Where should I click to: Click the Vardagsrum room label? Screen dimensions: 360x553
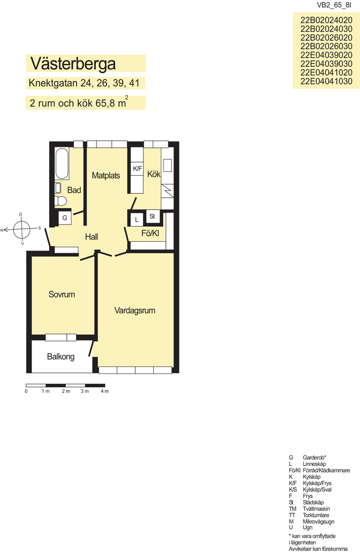pos(135,311)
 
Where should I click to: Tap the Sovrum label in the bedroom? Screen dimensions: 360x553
pos(62,295)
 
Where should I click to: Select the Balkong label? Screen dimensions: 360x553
pos(61,356)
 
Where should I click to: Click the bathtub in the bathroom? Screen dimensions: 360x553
pos(62,164)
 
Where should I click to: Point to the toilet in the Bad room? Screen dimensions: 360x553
pos(60,201)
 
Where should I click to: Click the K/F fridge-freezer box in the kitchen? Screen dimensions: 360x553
pos(137,169)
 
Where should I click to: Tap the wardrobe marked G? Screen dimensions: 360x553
pos(65,218)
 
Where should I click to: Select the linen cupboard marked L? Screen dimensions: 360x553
pos(137,219)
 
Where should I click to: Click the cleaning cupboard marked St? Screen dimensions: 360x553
pos(152,216)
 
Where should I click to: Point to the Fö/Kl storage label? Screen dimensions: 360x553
pos(150,233)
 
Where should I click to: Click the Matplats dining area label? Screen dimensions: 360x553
pos(106,175)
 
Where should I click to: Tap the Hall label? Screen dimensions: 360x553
pos(92,237)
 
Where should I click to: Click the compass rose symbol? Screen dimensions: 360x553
pos(22,229)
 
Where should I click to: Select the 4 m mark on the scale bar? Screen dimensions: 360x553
pos(105,391)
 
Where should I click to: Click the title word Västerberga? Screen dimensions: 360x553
pos(73,63)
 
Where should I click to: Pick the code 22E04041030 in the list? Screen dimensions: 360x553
pos(326,81)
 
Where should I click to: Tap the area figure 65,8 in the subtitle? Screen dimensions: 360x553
pos(106,104)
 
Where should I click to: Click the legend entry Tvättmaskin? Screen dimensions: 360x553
pos(316,509)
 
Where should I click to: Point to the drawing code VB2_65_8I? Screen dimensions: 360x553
pos(334,5)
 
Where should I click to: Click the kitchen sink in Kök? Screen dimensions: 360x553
pos(168,165)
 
